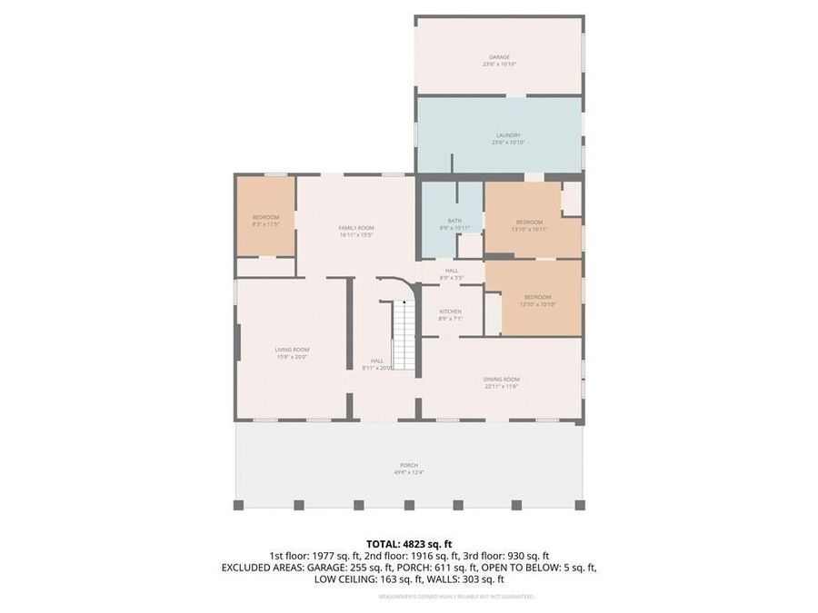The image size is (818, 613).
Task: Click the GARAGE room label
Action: (x=499, y=57)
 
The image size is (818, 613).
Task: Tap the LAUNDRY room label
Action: (x=499, y=135)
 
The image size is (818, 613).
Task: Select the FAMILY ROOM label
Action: (x=356, y=228)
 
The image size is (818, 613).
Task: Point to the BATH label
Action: (x=454, y=221)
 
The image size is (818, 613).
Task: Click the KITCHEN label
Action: (x=450, y=311)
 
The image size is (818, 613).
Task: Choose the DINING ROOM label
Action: (x=501, y=380)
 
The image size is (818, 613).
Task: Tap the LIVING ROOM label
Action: (x=293, y=350)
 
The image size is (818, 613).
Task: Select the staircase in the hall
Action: (x=404, y=337)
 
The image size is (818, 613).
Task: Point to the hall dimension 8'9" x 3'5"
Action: (x=452, y=277)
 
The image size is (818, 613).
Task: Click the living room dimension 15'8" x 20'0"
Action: (x=293, y=357)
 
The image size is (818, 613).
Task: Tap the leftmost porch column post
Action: (x=239, y=505)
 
